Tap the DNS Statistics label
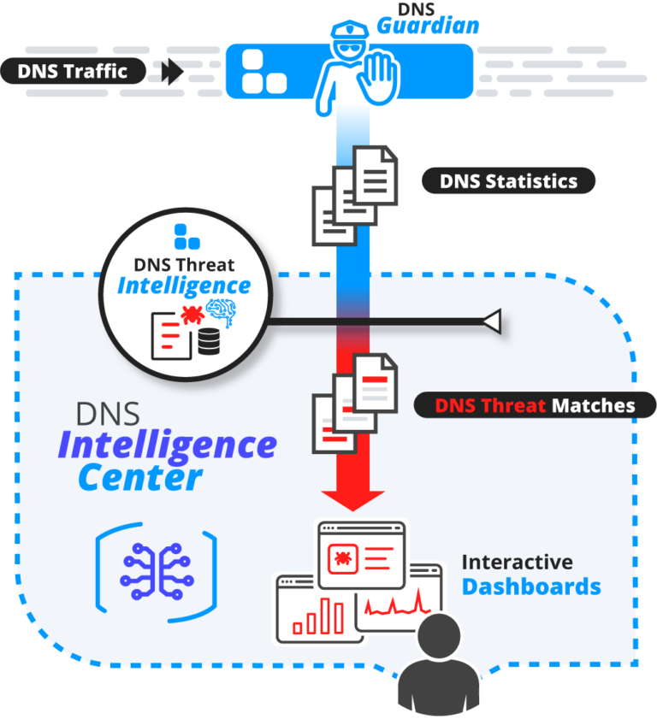tap(508, 181)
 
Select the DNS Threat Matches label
tap(535, 404)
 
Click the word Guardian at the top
tap(428, 26)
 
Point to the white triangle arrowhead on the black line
tap(490, 321)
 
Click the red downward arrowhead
tap(353, 499)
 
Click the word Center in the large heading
tap(139, 478)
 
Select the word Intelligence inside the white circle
tap(184, 285)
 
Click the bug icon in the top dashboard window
tap(342, 560)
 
